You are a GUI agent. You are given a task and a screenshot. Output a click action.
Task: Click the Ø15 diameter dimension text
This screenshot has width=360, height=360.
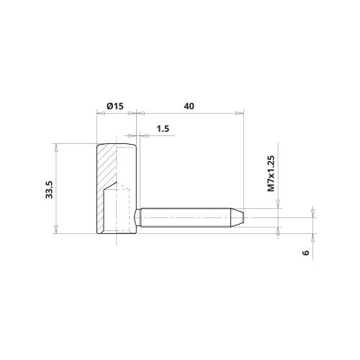(115, 106)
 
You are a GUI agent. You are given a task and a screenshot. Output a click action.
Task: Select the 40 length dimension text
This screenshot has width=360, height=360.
(189, 106)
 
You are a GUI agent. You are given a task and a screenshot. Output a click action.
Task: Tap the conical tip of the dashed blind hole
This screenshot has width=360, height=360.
(116, 185)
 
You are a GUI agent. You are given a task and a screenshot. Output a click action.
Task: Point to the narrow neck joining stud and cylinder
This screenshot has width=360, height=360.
(138, 215)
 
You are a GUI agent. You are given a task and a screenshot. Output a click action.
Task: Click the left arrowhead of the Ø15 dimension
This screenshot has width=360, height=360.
(99, 112)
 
